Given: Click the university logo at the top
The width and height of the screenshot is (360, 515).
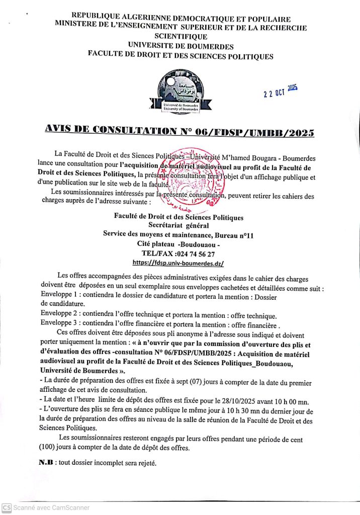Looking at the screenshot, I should pyautogui.click(x=181, y=91).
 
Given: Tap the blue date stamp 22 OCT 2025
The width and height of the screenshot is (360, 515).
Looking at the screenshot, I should pyautogui.click(x=281, y=92).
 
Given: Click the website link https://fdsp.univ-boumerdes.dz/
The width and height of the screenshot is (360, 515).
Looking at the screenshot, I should pyautogui.click(x=178, y=263).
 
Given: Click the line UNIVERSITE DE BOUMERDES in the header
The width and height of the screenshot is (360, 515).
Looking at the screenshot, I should pyautogui.click(x=181, y=47).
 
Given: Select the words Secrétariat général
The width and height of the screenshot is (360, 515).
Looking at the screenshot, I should pyautogui.click(x=178, y=226).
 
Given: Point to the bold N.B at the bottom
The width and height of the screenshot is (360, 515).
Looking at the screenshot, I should pyautogui.click(x=46, y=462).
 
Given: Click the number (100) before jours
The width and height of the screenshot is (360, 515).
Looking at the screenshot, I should pyautogui.click(x=47, y=447).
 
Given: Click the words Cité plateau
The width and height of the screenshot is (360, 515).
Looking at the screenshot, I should pyautogui.click(x=156, y=244).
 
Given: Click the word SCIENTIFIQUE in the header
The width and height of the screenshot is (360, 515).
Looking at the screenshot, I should pyautogui.click(x=181, y=37).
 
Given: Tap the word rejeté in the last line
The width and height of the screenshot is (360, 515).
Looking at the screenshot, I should pyautogui.click(x=146, y=463).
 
